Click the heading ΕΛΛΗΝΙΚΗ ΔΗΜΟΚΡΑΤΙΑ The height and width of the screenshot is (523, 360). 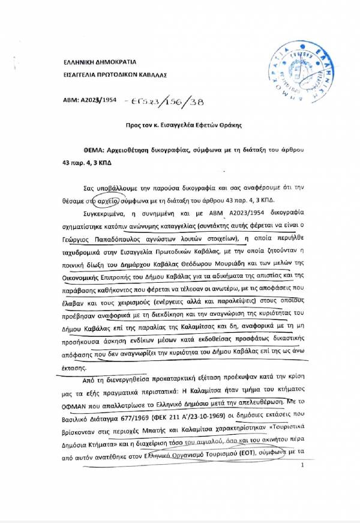(100, 62)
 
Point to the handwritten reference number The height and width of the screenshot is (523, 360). (170, 102)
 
